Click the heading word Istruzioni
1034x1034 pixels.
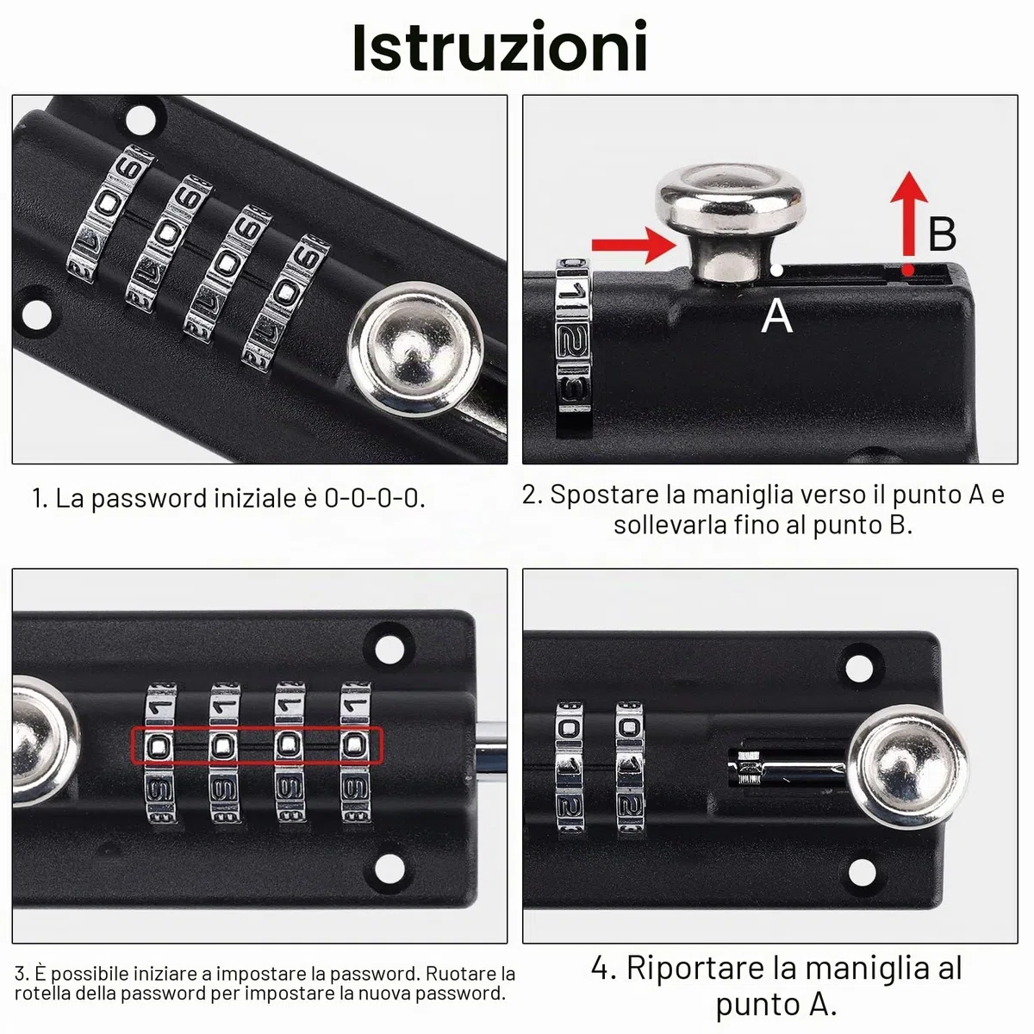pos(500,47)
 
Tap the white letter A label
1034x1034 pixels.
pos(776,315)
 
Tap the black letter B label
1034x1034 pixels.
pos(943,234)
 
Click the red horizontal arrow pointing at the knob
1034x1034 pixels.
pos(634,246)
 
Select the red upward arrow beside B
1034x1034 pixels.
pos(908,222)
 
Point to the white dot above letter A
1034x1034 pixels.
pos(776,270)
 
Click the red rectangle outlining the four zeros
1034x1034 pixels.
pos(258,745)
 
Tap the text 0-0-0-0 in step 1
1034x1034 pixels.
pos(374,498)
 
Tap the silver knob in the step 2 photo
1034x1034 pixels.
pos(730,222)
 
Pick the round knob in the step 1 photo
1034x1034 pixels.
pos(416,351)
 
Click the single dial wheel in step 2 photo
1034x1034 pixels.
pos(573,344)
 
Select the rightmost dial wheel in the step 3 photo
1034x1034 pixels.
pos(356,752)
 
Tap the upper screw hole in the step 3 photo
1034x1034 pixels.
pos(389,647)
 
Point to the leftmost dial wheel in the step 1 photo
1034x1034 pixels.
pos(110,214)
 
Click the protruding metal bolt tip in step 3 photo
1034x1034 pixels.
pos(491,745)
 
